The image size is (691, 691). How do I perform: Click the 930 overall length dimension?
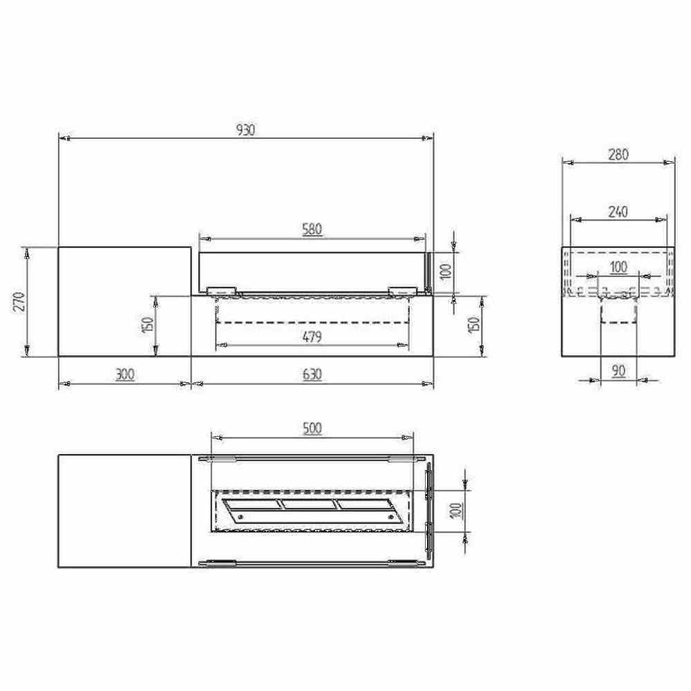coord(245,130)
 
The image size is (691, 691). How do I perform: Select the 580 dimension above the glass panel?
coord(312,229)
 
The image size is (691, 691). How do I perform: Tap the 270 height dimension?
coord(19,301)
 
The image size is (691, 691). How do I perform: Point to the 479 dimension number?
coord(312,337)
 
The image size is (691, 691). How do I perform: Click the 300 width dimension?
coord(124,375)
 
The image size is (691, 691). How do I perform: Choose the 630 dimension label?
coord(312,375)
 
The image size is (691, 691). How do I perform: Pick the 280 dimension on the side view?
coord(618,155)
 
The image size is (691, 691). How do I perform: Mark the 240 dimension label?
coord(618,212)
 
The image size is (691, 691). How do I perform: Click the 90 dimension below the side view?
coord(618,371)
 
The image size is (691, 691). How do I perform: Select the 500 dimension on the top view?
coord(312,428)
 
